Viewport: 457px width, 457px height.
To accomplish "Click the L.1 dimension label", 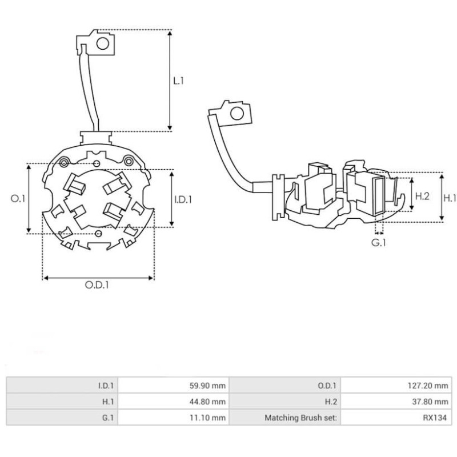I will [179, 81].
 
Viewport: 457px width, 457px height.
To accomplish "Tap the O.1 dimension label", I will [18, 199].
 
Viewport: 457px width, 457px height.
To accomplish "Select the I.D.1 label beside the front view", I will [183, 199].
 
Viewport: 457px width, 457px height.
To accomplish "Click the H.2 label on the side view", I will [422, 197].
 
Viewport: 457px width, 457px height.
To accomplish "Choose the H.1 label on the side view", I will [450, 198].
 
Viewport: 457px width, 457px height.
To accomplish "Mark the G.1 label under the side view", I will [379, 243].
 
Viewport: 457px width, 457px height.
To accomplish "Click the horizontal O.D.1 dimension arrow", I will [98, 278].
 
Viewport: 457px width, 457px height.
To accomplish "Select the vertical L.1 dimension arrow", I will [170, 80].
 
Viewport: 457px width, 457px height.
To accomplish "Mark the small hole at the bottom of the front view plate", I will [99, 234].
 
